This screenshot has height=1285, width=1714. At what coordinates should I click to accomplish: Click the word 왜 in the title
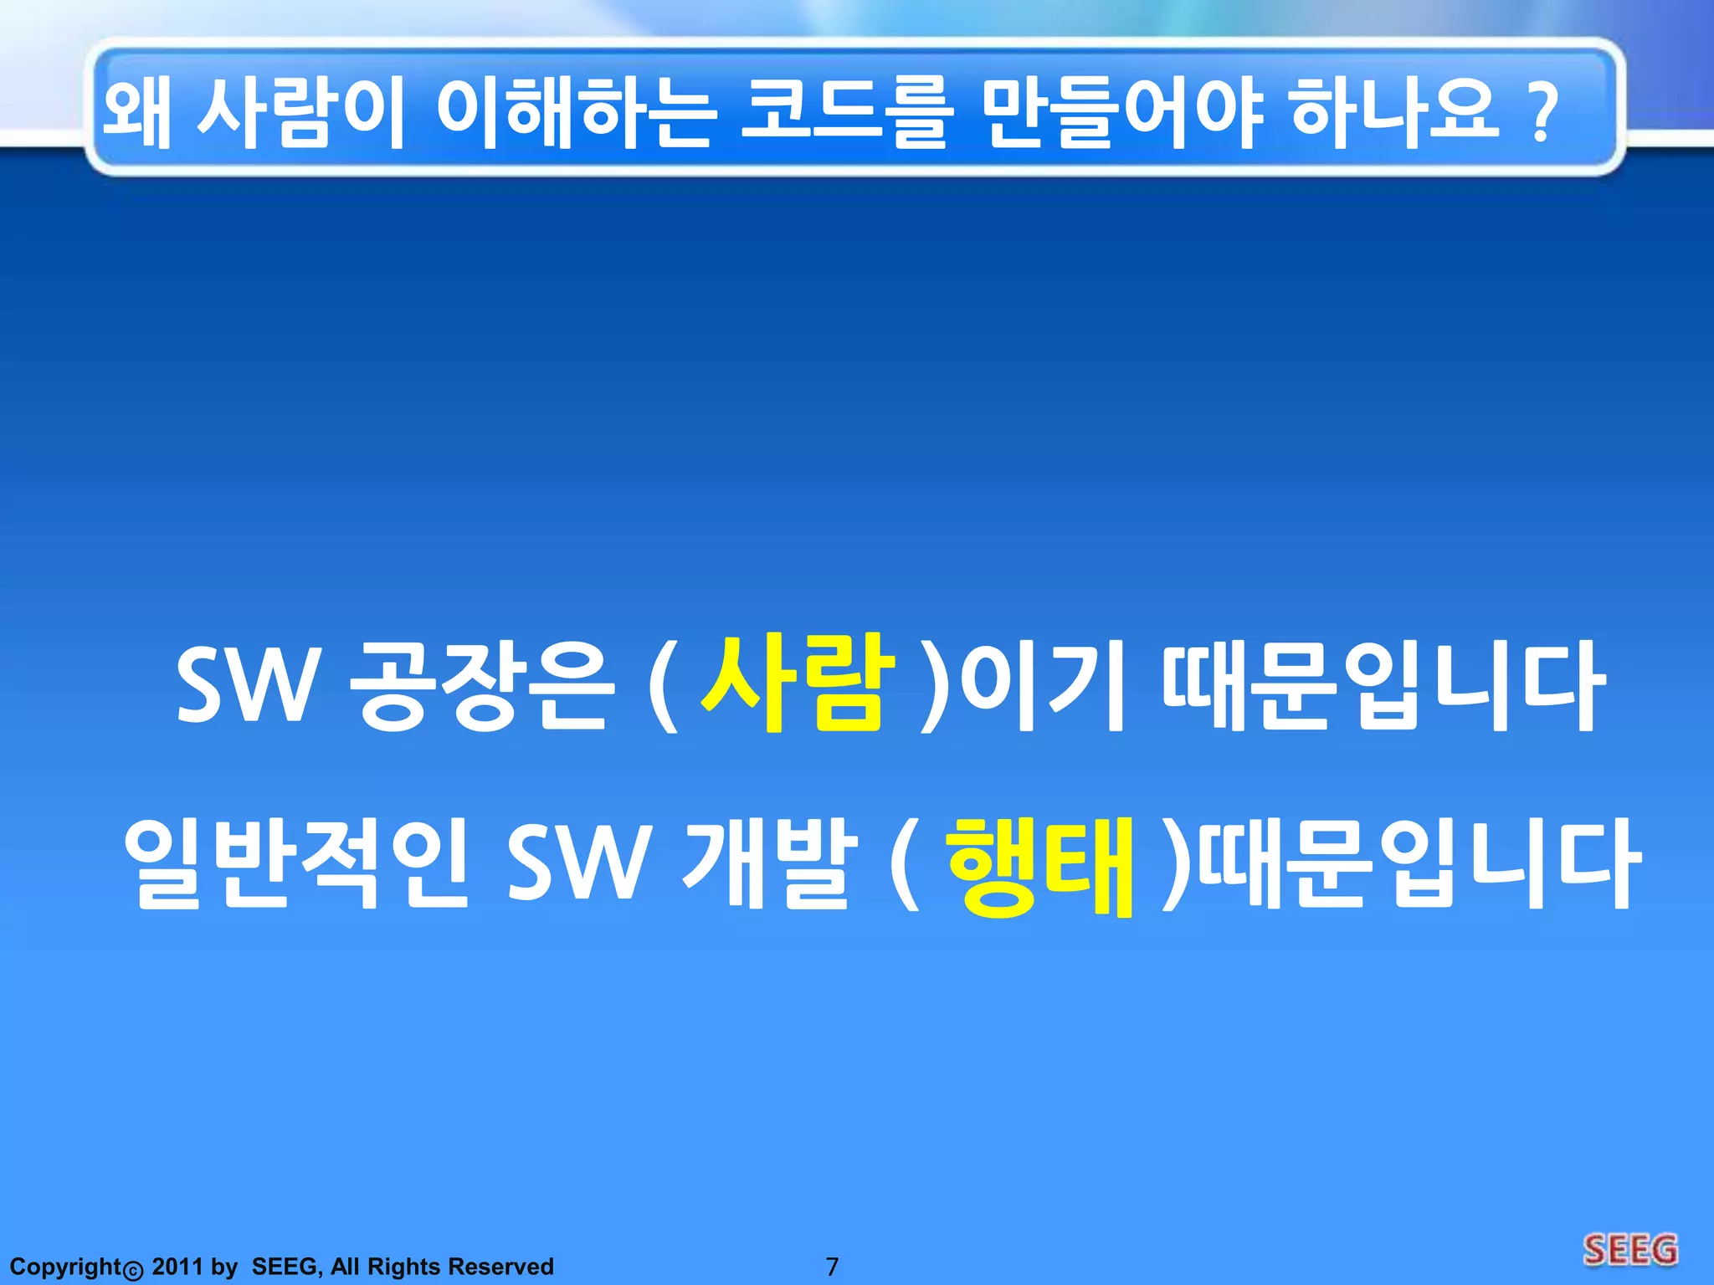(x=136, y=113)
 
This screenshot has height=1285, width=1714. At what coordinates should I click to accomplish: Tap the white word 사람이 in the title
(x=300, y=113)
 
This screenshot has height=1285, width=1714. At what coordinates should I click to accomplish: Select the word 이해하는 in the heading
(x=576, y=113)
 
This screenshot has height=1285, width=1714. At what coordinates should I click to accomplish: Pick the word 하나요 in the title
(x=1394, y=113)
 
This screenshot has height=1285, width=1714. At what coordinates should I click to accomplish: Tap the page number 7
(x=832, y=1267)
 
